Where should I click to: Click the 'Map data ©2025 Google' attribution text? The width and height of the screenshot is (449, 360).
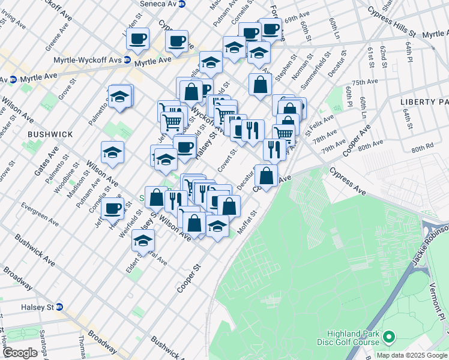coord(412,355)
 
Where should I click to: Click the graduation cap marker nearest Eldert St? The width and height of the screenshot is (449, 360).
coord(142,241)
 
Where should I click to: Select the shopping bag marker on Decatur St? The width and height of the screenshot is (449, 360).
coord(266,175)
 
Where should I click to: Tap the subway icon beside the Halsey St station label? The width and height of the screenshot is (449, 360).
coord(59,306)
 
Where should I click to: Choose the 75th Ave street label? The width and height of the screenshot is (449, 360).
coord(365,82)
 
